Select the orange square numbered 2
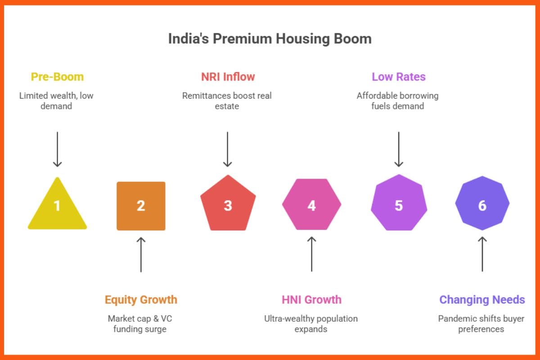[141, 206]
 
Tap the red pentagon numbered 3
[228, 205]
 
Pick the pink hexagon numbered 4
[311, 205]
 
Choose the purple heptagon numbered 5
[399, 205]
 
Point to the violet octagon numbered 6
[482, 205]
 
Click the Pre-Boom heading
[57, 77]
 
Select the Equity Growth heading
[141, 300]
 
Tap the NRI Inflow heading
[228, 77]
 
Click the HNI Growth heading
[311, 300]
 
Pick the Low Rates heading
[398, 77]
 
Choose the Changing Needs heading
[482, 300]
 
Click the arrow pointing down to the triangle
[57, 149]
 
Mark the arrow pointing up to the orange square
[141, 254]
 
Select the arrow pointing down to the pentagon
[228, 149]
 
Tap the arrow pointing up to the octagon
[482, 254]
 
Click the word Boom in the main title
[353, 39]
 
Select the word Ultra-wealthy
[290, 319]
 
